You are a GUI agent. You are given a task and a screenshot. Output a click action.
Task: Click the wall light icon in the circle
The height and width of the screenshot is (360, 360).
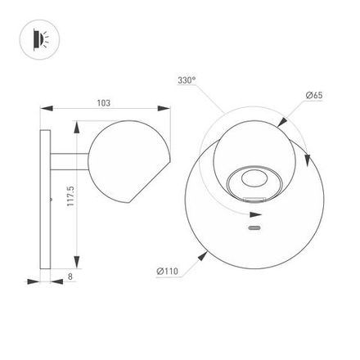click(x=38, y=39)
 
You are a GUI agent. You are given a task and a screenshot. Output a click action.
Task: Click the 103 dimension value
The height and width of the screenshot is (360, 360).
click(x=104, y=103)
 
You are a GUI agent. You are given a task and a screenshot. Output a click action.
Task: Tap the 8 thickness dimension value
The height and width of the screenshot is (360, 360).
click(x=70, y=278)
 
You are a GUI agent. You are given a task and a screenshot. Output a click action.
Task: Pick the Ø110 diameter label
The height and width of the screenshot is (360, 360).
click(x=167, y=271)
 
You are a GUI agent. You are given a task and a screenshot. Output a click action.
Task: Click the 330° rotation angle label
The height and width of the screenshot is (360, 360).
click(x=187, y=80)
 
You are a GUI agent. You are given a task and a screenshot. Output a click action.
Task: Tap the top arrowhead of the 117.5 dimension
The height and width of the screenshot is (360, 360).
click(x=78, y=127)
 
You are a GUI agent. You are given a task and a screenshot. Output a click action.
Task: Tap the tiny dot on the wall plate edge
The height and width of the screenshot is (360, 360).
click(x=51, y=198)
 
